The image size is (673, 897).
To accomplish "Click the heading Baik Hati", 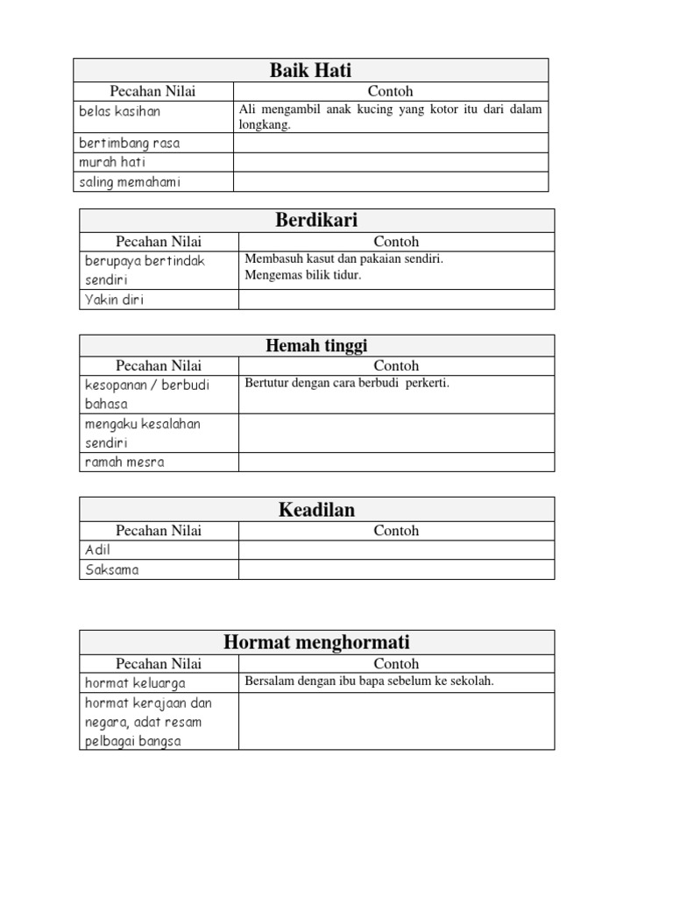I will [310, 71].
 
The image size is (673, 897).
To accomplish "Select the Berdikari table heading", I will [316, 220].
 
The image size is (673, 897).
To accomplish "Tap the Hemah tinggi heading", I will [316, 346].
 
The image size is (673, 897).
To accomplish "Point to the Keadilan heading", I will [316, 509].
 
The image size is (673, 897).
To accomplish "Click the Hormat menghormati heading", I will [316, 642].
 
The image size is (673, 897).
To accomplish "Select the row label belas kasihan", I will [119, 111].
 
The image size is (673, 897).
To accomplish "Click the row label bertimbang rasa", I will [129, 143].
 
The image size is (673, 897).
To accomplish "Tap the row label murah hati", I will [112, 162].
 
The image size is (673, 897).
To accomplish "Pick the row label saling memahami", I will [129, 182].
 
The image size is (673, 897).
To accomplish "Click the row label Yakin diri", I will [114, 300].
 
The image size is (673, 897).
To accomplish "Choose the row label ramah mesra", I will [124, 462].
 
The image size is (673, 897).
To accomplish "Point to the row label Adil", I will [97, 550].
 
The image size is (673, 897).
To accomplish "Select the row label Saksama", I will [111, 569].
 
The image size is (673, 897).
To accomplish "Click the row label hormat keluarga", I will [135, 682].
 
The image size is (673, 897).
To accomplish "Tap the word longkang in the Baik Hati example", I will [264, 125].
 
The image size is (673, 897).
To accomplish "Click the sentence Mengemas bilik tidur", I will [303, 275].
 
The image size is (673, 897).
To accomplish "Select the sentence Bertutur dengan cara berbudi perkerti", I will [347, 383].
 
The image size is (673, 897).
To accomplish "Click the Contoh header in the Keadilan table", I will [396, 531].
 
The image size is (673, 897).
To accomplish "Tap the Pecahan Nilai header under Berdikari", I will [159, 242].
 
